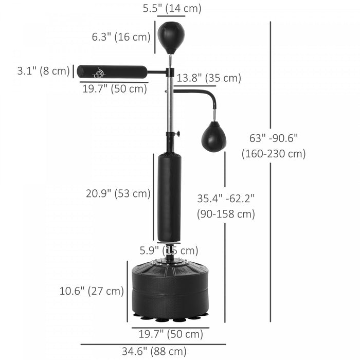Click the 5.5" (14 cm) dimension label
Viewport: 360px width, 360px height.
tap(171, 8)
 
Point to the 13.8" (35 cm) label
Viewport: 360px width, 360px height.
tap(209, 78)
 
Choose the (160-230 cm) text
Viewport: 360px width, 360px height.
tap(274, 154)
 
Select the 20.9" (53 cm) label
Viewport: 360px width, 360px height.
tap(118, 193)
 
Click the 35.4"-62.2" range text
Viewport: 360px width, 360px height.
tap(226, 197)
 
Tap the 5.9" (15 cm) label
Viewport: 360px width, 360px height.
tap(169, 250)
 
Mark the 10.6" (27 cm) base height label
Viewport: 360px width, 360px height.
tap(92, 291)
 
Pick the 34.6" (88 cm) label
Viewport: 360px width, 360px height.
tap(154, 352)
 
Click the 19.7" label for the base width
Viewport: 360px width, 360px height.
tap(171, 334)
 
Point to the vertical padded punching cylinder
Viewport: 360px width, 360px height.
tap(169, 197)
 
